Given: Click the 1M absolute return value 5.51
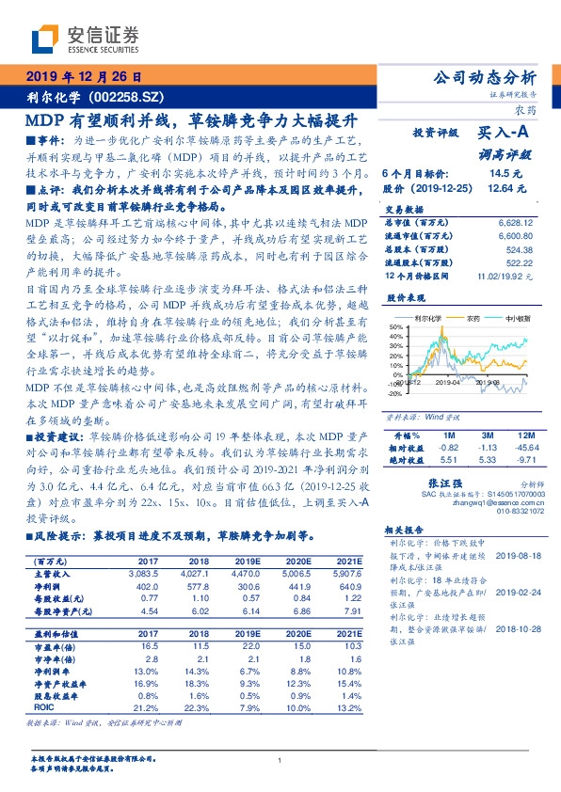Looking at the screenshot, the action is click(x=449, y=460).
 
